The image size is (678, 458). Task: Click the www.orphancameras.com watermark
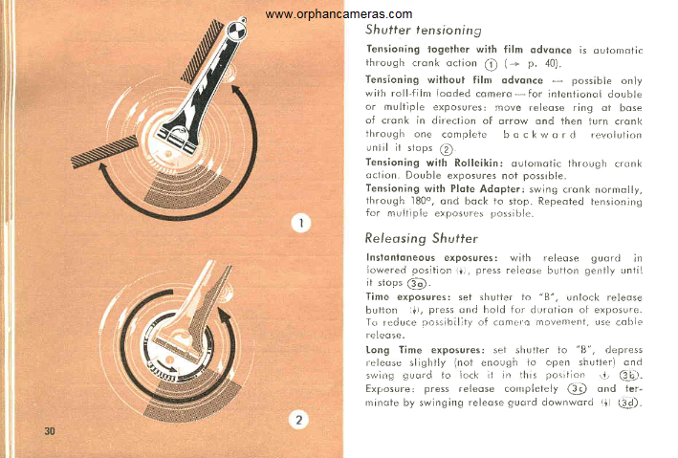[x=339, y=14]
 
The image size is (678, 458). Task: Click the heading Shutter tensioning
[x=424, y=30]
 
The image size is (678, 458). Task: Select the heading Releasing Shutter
[x=421, y=238]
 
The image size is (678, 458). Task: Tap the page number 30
[x=50, y=431]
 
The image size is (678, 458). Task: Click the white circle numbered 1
[x=301, y=223]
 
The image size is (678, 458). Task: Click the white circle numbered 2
[x=298, y=420]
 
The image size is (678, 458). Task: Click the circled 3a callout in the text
[x=417, y=284]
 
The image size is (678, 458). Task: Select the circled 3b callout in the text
[x=628, y=375]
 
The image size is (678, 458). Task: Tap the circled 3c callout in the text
[x=577, y=389]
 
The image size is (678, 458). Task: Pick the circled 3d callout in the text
[x=628, y=403]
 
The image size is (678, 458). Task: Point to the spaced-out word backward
[x=539, y=135]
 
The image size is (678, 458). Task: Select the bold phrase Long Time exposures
[x=425, y=349]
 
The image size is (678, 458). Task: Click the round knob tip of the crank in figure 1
[x=236, y=30]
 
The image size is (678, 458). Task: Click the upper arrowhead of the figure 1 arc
[x=235, y=91]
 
